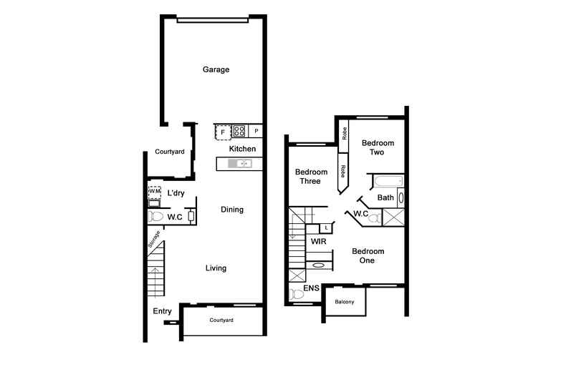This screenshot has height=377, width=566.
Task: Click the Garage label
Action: pos(216,70)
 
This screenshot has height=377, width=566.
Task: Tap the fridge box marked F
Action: pos(223,132)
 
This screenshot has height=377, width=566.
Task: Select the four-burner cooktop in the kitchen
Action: pos(239,131)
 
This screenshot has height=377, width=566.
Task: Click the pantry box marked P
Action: pos(256,132)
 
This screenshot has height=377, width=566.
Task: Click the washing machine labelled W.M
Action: pos(155,192)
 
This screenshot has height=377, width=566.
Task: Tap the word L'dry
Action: pos(176,194)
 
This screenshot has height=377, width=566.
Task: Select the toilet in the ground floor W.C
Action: pos(155,216)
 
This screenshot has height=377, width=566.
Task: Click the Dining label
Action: pos(231,210)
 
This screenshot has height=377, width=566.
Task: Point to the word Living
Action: pos(216,268)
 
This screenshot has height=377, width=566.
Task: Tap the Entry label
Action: pos(162,311)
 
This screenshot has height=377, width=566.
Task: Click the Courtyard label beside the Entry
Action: pos(221,320)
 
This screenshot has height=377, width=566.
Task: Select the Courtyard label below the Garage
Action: pos(170,152)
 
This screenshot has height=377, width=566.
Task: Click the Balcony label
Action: pos(344,302)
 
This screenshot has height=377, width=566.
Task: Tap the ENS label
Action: pos(311,288)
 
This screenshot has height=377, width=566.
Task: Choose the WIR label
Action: pos(319,242)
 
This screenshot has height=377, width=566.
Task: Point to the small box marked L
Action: pos(326,227)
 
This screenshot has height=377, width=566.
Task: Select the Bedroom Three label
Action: pos(312,177)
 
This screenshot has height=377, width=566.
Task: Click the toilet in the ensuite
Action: pos(297,293)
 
